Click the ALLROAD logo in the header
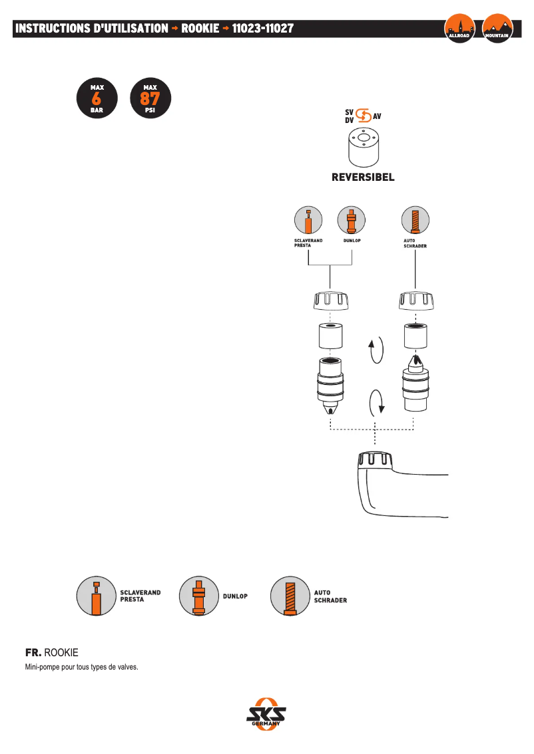tap(459, 29)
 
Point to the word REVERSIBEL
tap(364, 178)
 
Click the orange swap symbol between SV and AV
tap(364, 116)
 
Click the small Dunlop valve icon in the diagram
tap(352, 220)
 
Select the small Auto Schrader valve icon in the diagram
tap(415, 220)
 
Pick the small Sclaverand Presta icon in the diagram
tap(308, 220)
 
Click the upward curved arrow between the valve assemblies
tap(376, 350)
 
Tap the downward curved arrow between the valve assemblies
tap(376, 402)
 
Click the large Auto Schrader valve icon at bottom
tap(289, 595)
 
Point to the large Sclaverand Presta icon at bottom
tap(96, 595)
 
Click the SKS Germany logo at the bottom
tap(266, 715)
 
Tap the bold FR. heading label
tap(33, 653)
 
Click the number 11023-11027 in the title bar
tap(263, 29)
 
